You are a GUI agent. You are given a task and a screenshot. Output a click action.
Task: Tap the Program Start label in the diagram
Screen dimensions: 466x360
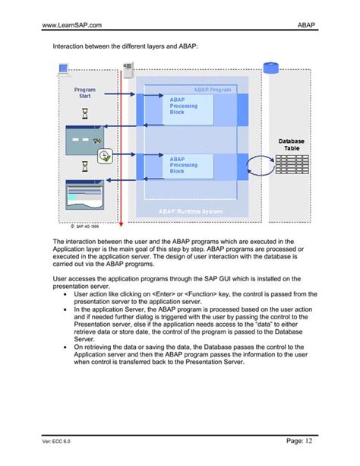tap(84, 94)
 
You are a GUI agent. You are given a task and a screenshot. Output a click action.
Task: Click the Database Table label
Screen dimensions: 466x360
tap(291, 144)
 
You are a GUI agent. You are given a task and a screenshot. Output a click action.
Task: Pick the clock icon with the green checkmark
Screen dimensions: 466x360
tap(106, 156)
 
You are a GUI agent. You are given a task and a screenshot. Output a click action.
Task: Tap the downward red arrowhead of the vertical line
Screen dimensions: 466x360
tap(118, 218)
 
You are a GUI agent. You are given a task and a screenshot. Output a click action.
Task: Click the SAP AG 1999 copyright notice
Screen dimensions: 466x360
tap(79, 226)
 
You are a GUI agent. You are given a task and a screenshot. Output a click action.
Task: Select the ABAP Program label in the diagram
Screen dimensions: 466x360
tap(212, 90)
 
